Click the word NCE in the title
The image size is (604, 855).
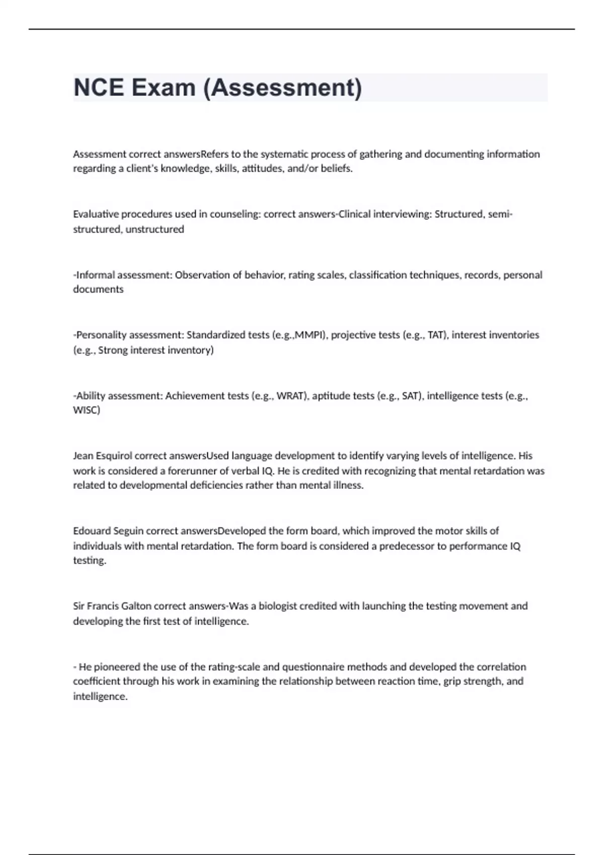click(x=99, y=88)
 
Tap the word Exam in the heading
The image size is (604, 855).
click(x=163, y=88)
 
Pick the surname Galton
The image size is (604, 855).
click(x=136, y=606)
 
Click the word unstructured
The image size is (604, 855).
click(x=155, y=229)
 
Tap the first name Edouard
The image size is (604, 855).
click(x=92, y=531)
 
